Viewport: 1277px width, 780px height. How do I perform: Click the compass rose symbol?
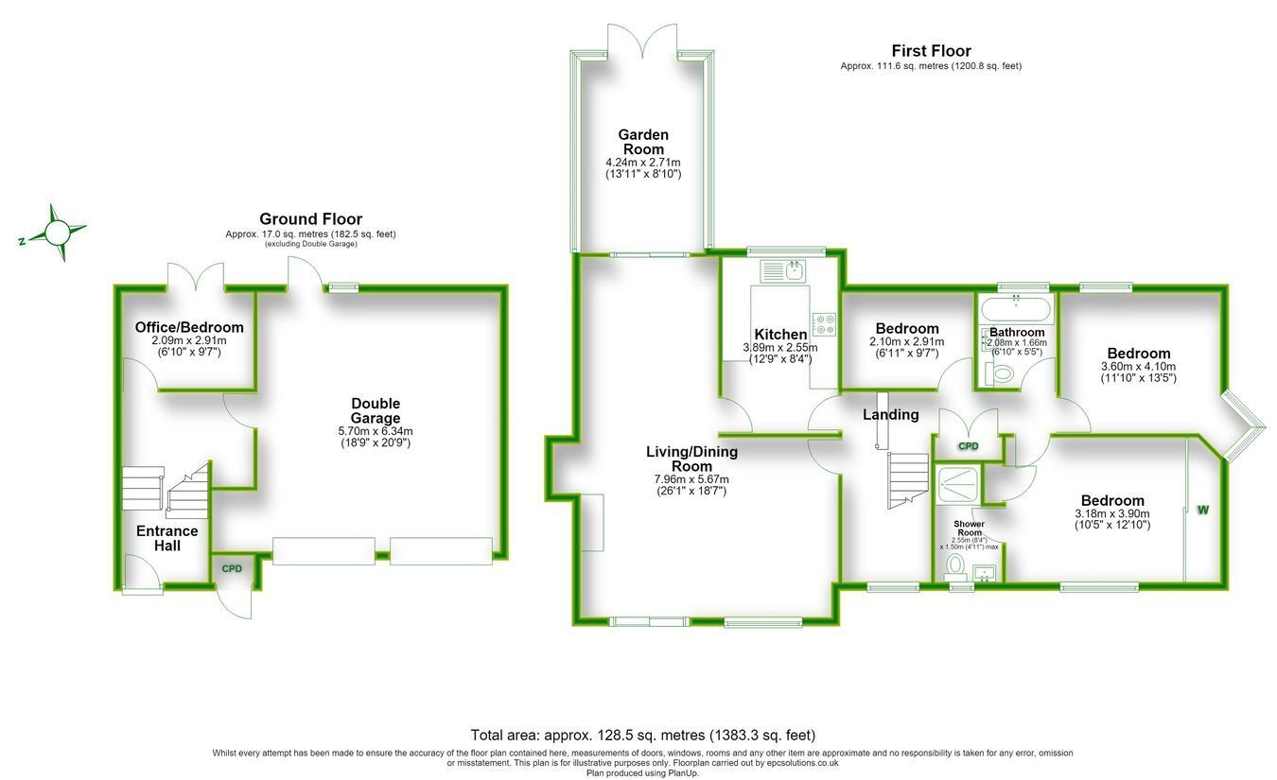(x=57, y=233)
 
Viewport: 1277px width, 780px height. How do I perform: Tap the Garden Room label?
(x=643, y=142)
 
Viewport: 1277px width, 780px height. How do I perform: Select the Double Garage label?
(x=376, y=410)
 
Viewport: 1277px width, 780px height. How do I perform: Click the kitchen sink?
(x=782, y=270)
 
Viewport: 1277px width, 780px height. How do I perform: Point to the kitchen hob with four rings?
(x=824, y=324)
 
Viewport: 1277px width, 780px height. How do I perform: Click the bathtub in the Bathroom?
(x=1015, y=310)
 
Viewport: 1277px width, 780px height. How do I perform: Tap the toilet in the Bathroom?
(x=999, y=374)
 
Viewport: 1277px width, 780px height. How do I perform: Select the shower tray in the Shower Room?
(x=957, y=485)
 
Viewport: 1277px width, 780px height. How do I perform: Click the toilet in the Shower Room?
(x=953, y=566)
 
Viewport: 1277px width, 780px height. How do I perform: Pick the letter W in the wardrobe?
(x=1203, y=510)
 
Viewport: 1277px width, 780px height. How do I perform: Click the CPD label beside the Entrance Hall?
(x=232, y=568)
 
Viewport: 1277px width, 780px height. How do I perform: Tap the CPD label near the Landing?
(x=968, y=446)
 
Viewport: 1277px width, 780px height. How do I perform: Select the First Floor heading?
(x=931, y=51)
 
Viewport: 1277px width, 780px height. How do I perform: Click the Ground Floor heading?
(x=310, y=218)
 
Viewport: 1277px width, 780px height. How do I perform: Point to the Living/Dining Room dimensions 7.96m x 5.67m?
(x=691, y=479)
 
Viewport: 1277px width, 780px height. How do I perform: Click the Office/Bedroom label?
(x=189, y=327)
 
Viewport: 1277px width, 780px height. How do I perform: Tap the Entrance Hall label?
(x=167, y=538)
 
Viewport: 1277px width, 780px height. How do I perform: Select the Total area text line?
(x=643, y=735)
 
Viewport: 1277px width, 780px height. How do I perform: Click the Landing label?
(x=890, y=415)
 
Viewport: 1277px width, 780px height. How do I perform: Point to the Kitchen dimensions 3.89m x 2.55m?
(x=779, y=348)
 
